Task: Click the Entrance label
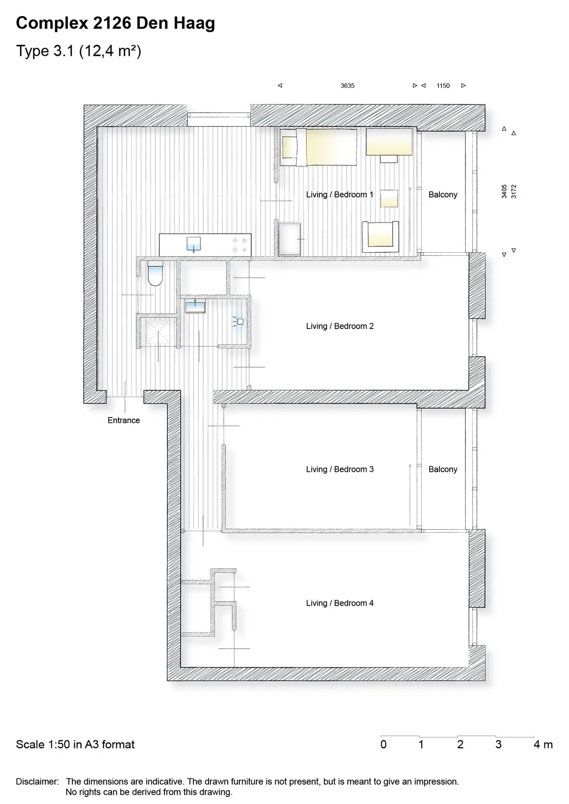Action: [124, 420]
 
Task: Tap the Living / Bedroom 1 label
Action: [340, 194]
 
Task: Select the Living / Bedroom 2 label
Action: [340, 326]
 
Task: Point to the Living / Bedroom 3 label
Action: [340, 469]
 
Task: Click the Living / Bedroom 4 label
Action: [340, 603]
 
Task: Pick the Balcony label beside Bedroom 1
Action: [443, 194]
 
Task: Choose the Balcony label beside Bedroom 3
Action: [443, 469]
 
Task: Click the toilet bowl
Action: [155, 273]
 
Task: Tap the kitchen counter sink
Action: [194, 244]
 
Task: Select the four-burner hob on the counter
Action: [239, 245]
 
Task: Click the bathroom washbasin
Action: [195, 307]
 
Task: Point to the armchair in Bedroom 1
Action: [381, 237]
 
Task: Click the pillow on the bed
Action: [289, 147]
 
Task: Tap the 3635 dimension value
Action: [347, 86]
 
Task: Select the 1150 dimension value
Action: [443, 86]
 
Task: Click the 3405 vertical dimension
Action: [504, 191]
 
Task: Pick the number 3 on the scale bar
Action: [498, 744]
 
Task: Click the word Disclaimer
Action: [37, 781]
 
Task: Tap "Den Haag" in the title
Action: [175, 23]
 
